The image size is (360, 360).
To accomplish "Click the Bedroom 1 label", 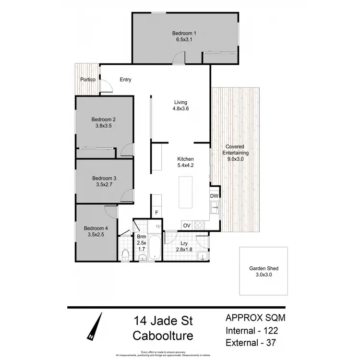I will pos(184,33).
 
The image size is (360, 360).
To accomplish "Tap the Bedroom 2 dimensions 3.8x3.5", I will pos(104,127).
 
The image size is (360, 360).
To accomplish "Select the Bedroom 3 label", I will pos(104,178).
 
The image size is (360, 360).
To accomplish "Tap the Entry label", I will pos(125,80).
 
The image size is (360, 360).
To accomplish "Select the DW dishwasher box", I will pos(215,196).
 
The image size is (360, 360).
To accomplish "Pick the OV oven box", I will pos(187,226).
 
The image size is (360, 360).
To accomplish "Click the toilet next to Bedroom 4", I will pos(125,254).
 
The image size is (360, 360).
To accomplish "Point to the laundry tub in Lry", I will pos(203,254).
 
